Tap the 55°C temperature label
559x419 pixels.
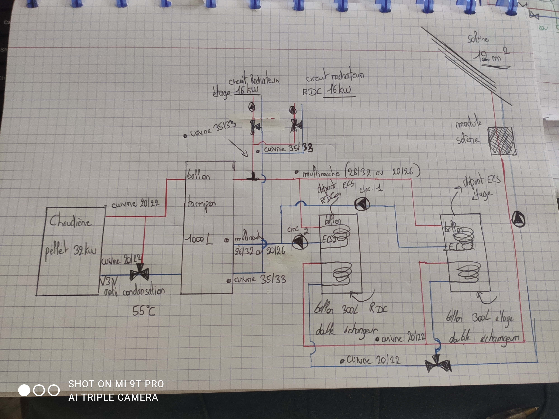tap(144, 311)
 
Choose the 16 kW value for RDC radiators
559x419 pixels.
tap(338, 90)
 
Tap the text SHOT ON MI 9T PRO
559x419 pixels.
tap(116, 384)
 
